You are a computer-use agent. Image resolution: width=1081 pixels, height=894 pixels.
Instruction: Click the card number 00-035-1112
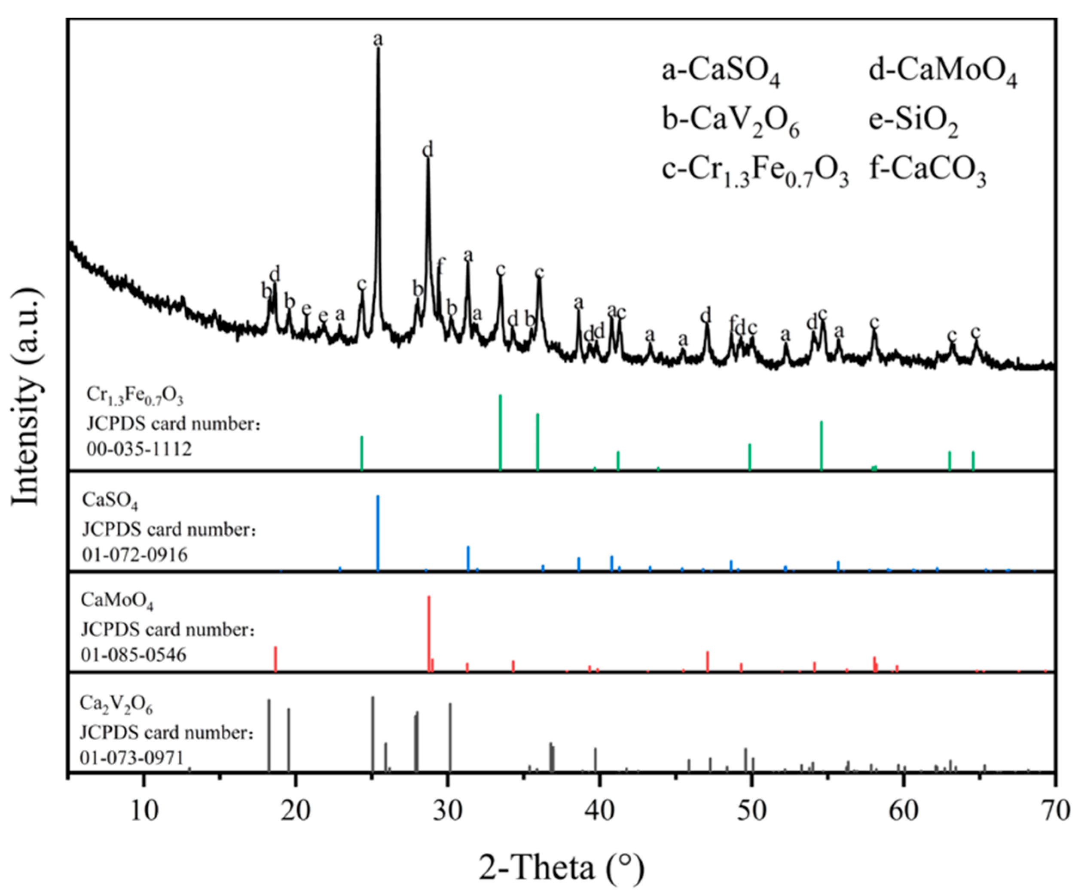click(x=139, y=449)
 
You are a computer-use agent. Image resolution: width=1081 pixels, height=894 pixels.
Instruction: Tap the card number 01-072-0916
click(x=135, y=554)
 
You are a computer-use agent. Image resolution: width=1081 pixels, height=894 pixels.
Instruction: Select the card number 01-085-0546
click(x=134, y=655)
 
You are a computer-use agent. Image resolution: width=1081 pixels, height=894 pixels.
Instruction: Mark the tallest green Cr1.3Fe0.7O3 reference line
click(x=501, y=432)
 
